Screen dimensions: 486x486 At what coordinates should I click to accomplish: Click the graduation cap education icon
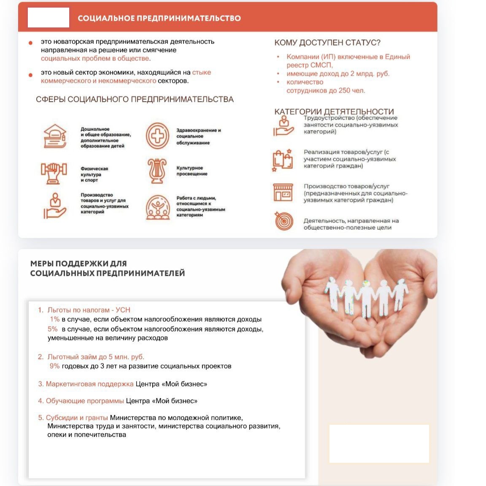coord(55,136)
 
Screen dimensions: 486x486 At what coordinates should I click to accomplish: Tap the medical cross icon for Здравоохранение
coord(157,136)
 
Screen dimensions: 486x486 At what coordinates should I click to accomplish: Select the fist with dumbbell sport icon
coord(54,173)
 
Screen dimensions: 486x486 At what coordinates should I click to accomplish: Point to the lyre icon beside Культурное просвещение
coord(157,171)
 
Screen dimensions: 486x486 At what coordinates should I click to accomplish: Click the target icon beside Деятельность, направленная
coord(283,221)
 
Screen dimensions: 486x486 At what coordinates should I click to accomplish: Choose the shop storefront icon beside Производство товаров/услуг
coord(283,193)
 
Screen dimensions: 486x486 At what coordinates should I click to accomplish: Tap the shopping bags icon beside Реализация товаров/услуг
coord(283,160)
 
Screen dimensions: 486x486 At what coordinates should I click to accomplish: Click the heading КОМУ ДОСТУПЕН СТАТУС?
coord(327,43)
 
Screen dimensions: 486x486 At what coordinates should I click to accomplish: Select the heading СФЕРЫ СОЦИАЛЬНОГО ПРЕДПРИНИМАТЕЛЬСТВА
coord(135,100)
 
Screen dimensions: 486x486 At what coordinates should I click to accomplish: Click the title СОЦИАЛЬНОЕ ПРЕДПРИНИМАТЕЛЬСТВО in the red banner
coord(159,18)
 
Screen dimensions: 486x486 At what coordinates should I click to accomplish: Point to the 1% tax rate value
coord(54,319)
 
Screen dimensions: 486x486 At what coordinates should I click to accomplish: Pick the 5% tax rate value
coord(52,329)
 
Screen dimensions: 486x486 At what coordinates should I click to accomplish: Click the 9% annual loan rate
coord(54,366)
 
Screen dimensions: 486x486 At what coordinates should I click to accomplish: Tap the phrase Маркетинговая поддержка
coord(89,384)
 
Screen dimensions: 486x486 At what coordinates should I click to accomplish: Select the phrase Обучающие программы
coord(85,401)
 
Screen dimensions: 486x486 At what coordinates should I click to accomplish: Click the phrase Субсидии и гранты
coord(77,418)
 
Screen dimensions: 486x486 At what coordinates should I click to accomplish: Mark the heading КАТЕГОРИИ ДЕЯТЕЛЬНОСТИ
coord(334,111)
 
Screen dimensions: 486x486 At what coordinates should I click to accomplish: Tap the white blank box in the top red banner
coord(48,18)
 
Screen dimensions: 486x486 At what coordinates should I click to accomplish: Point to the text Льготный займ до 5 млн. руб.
coord(96,357)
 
